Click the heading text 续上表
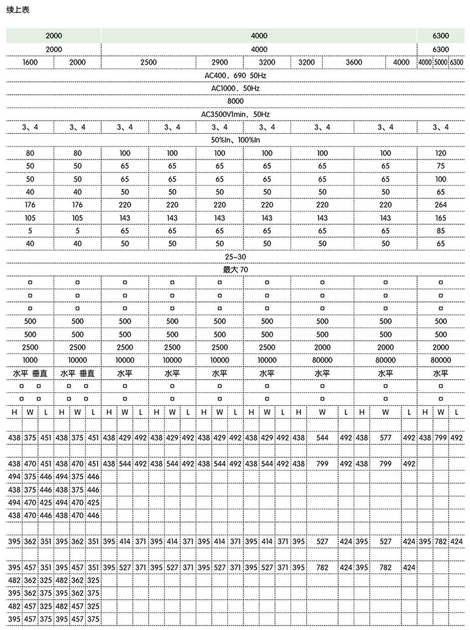pyautogui.click(x=18, y=10)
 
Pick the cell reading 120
pyautogui.click(x=441, y=153)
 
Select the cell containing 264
pyautogui.click(x=441, y=205)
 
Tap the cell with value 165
pyautogui.click(x=441, y=218)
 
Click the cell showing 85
pyautogui.click(x=441, y=231)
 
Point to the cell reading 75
pyautogui.click(x=441, y=166)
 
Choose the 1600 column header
pyautogui.click(x=30, y=62)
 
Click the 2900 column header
pyautogui.click(x=219, y=62)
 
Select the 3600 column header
pyautogui.click(x=353, y=62)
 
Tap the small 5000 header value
pyautogui.click(x=441, y=62)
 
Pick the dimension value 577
pyautogui.click(x=386, y=438)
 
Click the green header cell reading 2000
pyautogui.click(x=54, y=36)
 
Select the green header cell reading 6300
pyautogui.click(x=441, y=36)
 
